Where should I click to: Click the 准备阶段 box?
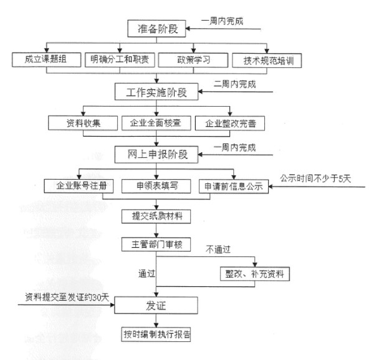coord(156,29)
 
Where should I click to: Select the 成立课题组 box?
coord(47,60)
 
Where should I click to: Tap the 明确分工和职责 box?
coord(120,60)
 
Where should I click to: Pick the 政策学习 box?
coord(193,60)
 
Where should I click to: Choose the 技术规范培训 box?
coord(267,61)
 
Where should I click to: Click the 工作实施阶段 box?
coord(156,92)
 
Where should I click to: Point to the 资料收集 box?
coord(83,123)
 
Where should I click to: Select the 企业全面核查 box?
coord(156,123)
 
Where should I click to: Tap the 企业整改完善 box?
coord(230,124)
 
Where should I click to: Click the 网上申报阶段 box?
coord(156,155)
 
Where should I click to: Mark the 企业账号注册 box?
coord(79,186)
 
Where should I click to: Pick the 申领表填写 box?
coord(156,186)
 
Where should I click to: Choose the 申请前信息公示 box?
coord(234,187)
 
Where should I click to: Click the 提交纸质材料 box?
coord(156,216)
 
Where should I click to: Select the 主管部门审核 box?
coord(156,244)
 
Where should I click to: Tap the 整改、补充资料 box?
coord(255,274)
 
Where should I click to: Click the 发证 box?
coord(156,305)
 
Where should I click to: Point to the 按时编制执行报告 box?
coord(156,334)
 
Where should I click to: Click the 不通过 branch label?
coord(218,250)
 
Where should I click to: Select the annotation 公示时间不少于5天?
coord(315,178)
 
